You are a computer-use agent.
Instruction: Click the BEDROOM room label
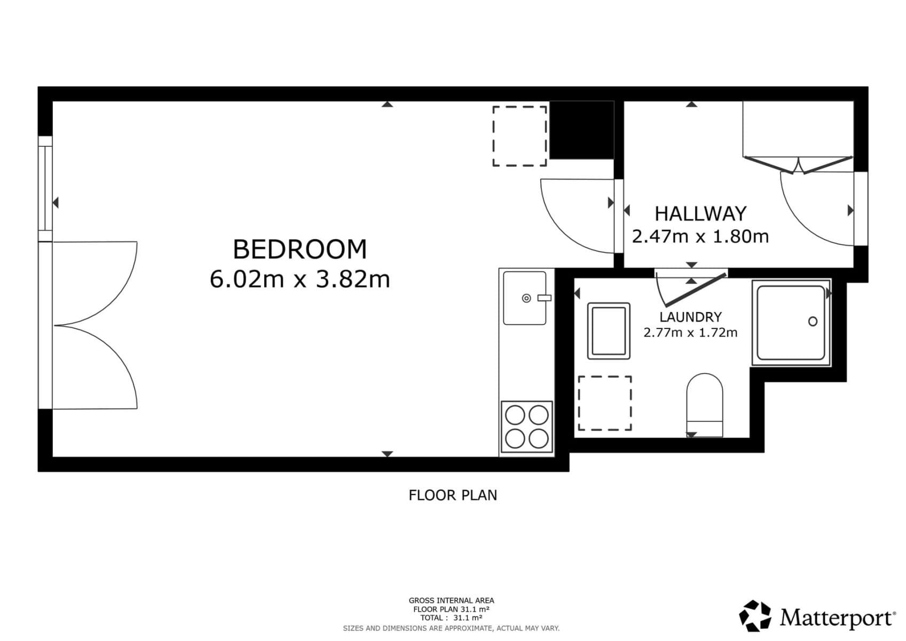pos(300,249)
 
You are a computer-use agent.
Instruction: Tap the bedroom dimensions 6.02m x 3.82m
pos(300,279)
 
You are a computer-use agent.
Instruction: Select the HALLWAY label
pos(700,214)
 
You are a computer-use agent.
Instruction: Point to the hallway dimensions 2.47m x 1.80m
pos(700,236)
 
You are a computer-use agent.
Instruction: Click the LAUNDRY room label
pos(690,317)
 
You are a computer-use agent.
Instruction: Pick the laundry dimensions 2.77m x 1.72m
pos(690,333)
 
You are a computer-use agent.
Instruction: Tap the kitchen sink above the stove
pos(525,298)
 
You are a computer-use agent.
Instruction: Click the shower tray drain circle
pos(813,322)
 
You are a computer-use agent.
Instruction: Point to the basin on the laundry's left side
pos(609,331)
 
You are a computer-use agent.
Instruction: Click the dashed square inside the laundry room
pos(605,403)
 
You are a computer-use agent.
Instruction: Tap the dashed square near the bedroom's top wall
pos(519,136)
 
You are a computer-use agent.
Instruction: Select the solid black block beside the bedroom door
pos(581,130)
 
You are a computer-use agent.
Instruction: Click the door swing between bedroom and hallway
pos(574,214)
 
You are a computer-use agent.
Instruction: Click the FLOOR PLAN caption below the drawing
pos(452,495)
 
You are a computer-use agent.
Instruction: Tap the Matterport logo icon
pos(755,616)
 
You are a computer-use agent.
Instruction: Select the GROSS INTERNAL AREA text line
pos(451,600)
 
